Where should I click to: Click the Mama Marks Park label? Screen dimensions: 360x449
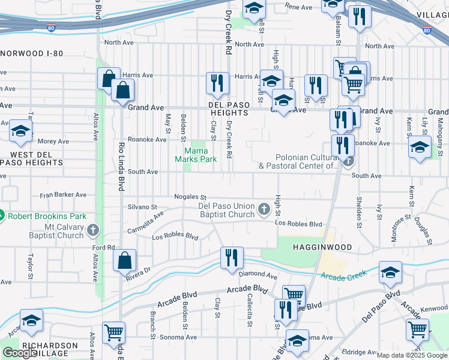click(x=195, y=155)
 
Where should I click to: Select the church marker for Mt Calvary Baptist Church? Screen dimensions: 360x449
click(x=92, y=230)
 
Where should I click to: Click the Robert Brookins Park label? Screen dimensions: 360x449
click(x=47, y=216)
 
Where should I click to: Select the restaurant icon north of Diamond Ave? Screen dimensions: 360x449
click(x=232, y=257)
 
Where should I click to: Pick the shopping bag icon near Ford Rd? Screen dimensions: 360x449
click(x=124, y=261)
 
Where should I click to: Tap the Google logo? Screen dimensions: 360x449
click(x=19, y=353)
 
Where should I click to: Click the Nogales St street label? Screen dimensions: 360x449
click(x=190, y=197)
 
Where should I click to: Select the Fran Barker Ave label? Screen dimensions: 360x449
click(x=63, y=195)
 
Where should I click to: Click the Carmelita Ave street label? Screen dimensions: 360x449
click(x=145, y=223)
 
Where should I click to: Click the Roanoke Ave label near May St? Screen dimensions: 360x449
click(x=151, y=140)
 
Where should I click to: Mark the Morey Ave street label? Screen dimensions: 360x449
click(x=53, y=142)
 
